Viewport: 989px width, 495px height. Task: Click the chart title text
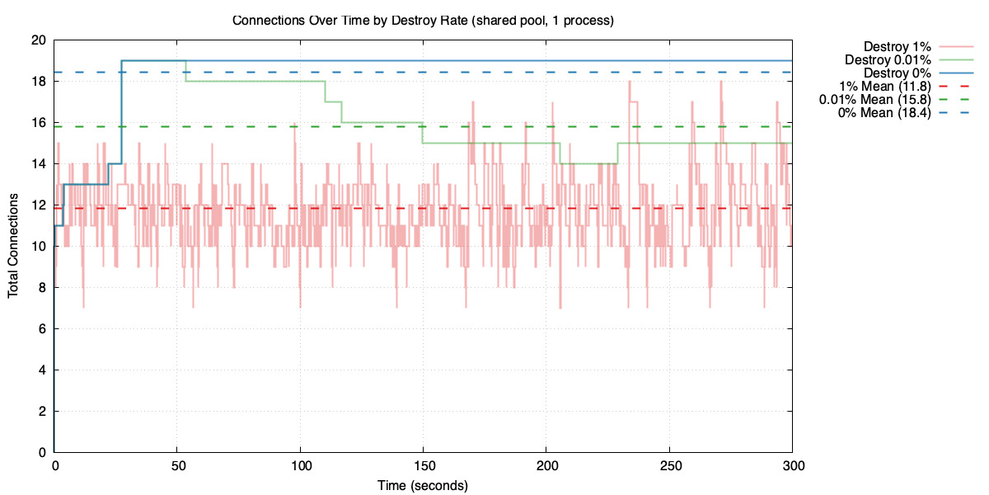coord(422,20)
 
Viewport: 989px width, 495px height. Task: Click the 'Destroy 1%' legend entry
coord(897,47)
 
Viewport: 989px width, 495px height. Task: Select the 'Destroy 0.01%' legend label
coord(888,60)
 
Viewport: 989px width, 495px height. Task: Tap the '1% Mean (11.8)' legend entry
coord(884,87)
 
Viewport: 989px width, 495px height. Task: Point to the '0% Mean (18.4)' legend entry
coord(884,113)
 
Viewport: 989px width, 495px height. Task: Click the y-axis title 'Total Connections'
coord(13,246)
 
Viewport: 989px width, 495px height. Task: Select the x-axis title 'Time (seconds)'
coord(423,485)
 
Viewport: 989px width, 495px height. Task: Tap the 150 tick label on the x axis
coord(423,467)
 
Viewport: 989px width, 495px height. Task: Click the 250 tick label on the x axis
coord(669,467)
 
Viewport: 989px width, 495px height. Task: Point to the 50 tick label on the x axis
coord(177,467)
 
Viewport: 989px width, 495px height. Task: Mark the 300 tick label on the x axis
coord(792,467)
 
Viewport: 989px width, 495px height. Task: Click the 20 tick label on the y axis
coord(38,40)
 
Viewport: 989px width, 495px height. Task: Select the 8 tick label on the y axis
coord(41,287)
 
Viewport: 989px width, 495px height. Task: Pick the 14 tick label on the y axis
coord(38,164)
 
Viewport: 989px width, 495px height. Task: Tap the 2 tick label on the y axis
coord(41,411)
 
